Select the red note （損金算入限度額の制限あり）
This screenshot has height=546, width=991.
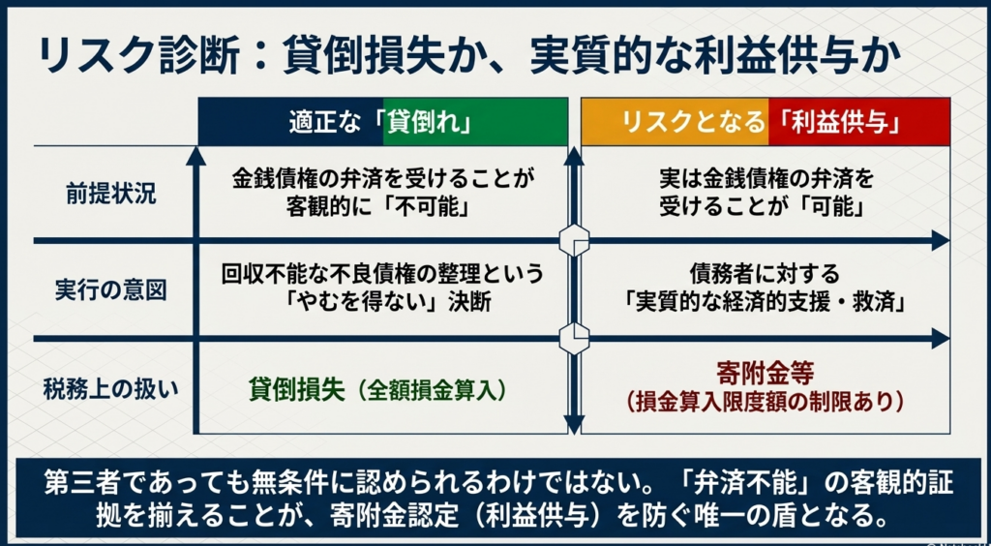coord(765,400)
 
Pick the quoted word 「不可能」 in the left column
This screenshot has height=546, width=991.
coord(439,208)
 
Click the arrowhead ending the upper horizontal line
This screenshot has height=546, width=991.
coord(941,240)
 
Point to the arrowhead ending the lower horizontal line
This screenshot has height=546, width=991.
coord(941,339)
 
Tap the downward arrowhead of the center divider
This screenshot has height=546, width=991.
coord(574,424)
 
